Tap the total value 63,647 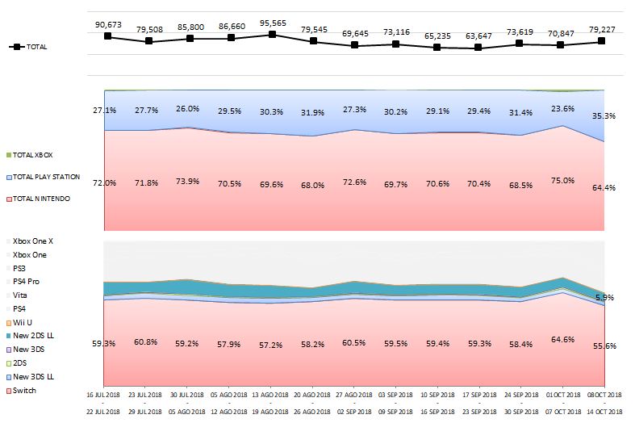(x=478, y=36)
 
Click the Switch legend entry (x=25, y=391)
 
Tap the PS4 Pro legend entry (x=27, y=282)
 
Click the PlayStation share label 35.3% (x=604, y=116)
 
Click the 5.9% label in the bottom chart (x=604, y=298)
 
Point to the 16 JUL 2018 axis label (x=103, y=395)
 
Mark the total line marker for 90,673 (x=107, y=36)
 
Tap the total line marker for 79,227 (x=602, y=41)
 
